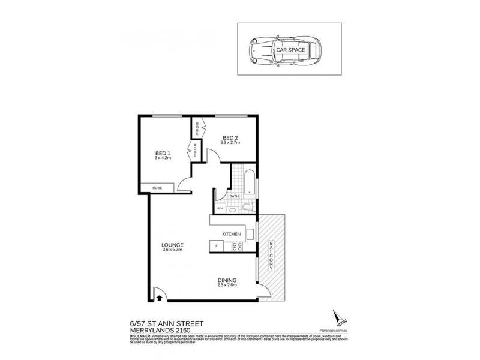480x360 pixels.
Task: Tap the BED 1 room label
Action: [163, 153]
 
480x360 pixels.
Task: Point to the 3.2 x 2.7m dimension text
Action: [230, 143]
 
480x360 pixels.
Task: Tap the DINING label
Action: [227, 280]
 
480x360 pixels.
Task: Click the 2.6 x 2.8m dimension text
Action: [227, 286]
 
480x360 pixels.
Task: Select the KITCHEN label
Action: [232, 233]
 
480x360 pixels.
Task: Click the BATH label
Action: [234, 196]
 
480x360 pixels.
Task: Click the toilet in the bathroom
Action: [247, 207]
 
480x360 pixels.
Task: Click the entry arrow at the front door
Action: [160, 295]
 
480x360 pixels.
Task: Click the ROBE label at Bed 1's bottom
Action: [157, 188]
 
